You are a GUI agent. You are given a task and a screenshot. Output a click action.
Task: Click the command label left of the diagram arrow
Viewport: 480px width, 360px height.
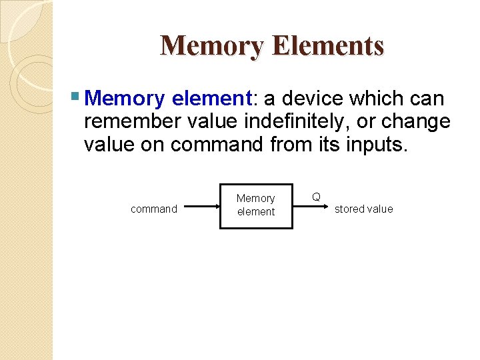154,209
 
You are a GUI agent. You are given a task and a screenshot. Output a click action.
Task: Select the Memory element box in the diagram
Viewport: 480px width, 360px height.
256,206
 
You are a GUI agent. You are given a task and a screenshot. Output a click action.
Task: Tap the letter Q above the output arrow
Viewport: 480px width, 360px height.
317,197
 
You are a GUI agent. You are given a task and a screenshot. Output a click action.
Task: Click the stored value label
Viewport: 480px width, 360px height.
363,209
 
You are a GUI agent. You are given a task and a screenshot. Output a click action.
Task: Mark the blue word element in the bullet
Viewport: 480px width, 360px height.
209,99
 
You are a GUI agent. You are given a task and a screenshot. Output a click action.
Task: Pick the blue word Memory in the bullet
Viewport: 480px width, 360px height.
125,99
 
